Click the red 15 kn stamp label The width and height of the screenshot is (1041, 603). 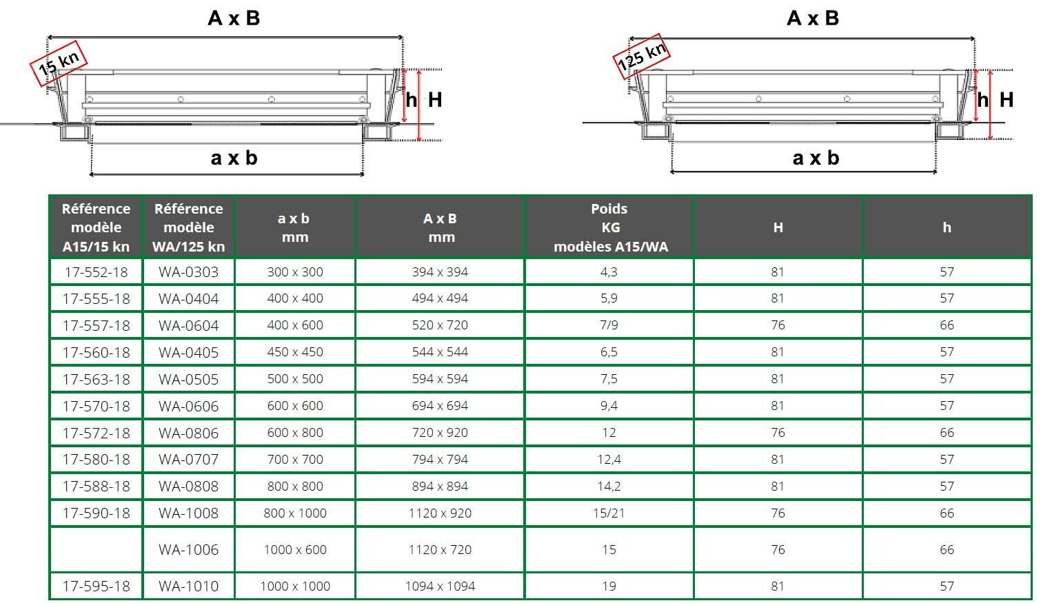[59, 63]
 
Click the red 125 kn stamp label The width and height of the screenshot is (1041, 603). [641, 57]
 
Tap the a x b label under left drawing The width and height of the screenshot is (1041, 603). [234, 158]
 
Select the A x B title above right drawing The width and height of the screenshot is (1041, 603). [813, 18]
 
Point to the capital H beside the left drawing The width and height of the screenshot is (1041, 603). [435, 99]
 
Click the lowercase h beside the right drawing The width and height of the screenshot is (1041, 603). [982, 99]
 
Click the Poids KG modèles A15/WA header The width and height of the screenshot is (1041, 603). [609, 227]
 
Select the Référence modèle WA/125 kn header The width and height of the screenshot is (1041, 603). [189, 227]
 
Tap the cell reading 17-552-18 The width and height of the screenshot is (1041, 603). [97, 272]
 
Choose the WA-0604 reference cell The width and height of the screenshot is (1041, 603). [189, 325]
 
